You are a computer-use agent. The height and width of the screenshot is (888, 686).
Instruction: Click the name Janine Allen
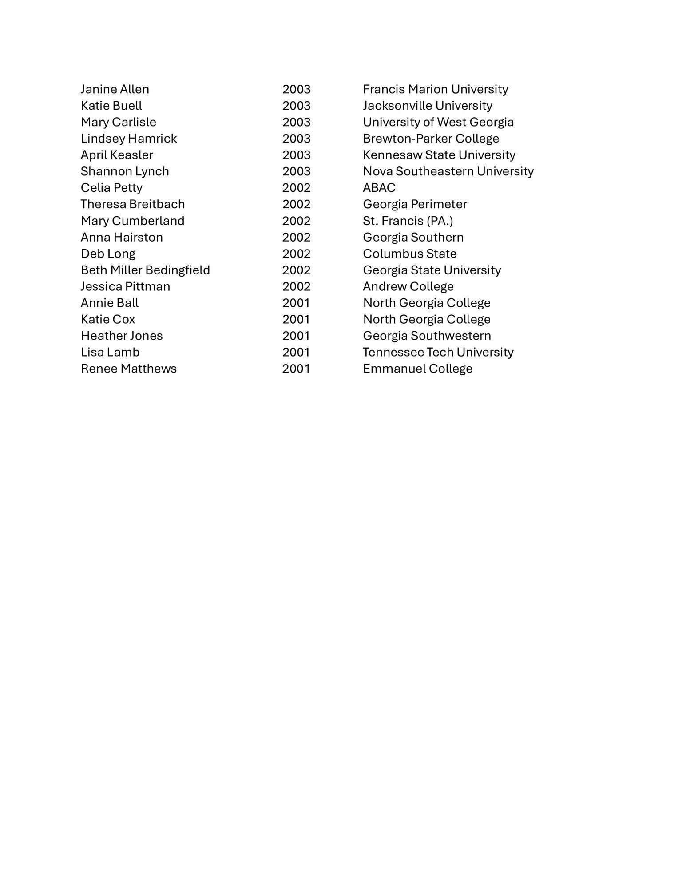115,89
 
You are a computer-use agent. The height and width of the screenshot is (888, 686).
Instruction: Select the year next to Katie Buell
296,106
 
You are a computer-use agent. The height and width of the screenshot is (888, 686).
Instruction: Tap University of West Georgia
438,122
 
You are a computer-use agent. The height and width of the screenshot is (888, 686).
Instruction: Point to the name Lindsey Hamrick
128,139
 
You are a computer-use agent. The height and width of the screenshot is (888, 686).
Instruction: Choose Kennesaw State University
439,155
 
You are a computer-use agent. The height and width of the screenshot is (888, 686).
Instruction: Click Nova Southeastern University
448,171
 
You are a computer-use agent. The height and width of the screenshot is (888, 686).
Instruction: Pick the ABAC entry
379,188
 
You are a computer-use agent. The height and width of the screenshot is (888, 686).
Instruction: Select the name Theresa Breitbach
132,204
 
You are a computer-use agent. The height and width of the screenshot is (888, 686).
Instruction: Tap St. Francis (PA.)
408,221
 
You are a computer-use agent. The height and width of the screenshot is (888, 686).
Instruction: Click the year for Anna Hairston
296,237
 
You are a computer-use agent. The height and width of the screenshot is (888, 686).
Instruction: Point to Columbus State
409,254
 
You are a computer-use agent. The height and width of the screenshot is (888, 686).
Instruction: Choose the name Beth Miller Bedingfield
145,270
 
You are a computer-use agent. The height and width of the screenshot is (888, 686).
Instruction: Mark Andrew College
408,286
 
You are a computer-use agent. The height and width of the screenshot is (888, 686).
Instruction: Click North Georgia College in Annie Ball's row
426,303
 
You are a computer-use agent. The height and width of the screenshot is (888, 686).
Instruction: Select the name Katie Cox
107,319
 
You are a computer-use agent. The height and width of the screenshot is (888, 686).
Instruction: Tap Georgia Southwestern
427,336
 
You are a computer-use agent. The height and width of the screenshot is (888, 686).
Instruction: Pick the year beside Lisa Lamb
296,352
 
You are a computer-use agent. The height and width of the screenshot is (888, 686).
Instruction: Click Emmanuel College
417,369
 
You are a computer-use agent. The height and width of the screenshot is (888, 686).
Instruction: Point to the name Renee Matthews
128,369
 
